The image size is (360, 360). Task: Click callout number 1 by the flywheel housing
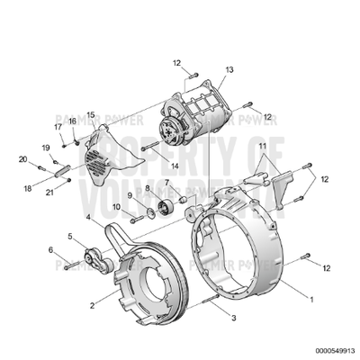point(311,298)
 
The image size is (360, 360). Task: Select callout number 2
point(92,305)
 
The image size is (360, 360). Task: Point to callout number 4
point(87,217)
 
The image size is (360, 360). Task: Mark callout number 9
point(130,195)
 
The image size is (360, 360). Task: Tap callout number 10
point(116,208)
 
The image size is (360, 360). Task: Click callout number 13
point(229,69)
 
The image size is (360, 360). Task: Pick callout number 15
point(90,115)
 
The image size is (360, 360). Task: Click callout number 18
point(28,188)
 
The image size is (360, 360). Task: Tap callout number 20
point(23,159)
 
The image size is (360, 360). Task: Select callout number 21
point(51,193)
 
